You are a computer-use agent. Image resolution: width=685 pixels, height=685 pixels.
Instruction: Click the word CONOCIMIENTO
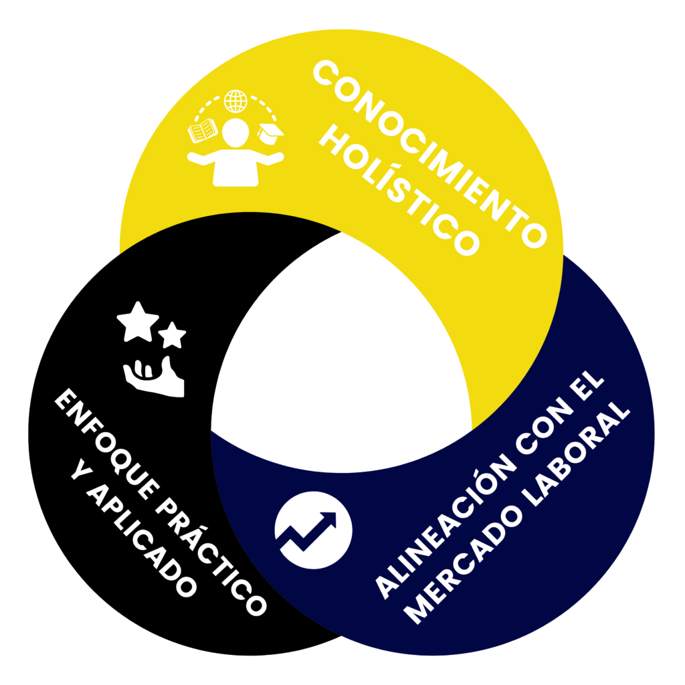pos(430,153)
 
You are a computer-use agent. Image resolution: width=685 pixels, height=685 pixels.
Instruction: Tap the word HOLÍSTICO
pos(399,189)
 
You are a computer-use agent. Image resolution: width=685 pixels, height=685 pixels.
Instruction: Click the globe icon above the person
pos(235,101)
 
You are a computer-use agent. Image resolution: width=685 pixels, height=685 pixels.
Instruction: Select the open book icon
pos(202,130)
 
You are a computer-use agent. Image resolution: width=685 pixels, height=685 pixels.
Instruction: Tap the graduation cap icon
pos(270,133)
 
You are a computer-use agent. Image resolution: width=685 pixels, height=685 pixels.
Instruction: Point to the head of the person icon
pos(235,132)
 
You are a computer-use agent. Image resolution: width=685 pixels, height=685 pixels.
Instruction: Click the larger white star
pos(138,322)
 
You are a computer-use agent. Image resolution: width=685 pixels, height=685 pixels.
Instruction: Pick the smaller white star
pos(172,335)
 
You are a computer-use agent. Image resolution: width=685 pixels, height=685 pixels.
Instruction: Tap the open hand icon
pos(154,377)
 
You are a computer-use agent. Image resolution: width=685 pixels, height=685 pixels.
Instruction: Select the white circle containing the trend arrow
pos(313,530)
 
